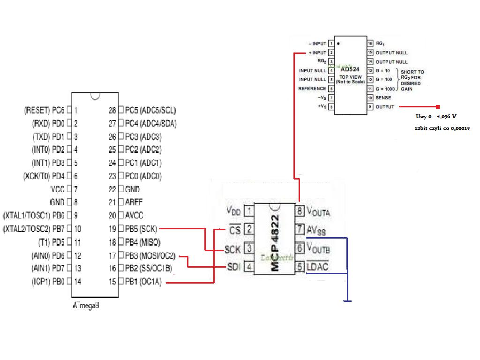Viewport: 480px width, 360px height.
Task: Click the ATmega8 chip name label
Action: [86, 305]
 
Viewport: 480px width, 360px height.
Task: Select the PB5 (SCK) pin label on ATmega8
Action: [142, 229]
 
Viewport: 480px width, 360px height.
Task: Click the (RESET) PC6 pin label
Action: [44, 111]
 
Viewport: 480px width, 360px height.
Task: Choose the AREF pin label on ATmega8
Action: [134, 202]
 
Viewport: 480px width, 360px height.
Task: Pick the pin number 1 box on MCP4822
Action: [249, 212]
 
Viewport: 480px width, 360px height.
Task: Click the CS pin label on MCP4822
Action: [235, 230]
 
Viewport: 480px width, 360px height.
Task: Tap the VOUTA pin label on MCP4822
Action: [318, 211]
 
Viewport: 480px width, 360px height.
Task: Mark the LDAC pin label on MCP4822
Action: [317, 267]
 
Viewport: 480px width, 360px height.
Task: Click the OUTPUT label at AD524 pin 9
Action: [385, 107]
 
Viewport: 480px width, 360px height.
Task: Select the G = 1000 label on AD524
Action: [385, 89]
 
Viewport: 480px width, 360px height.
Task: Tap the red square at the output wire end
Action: [438, 107]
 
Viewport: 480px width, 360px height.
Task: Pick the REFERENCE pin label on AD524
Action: [312, 89]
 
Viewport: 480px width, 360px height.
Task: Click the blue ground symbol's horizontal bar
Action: [347, 301]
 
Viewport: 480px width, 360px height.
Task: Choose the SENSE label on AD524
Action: [383, 97]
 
